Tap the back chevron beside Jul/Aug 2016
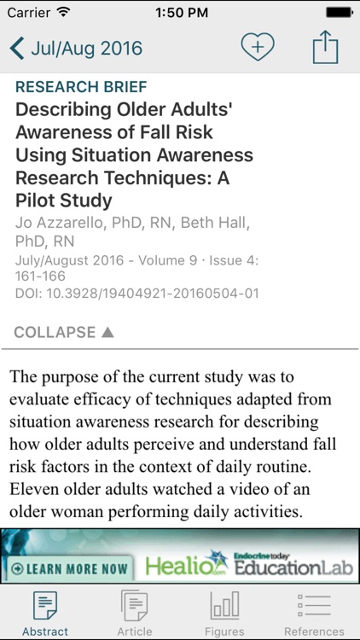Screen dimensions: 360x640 coord(17,48)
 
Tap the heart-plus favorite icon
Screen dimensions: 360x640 coord(257,47)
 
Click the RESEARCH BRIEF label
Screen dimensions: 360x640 coord(81,87)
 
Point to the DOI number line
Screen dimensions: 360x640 coord(137,294)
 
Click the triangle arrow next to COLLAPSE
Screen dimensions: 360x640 coord(107,332)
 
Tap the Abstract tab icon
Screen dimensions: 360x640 coord(45,606)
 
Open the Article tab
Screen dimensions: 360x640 coord(135,613)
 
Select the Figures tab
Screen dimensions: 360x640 coord(224,613)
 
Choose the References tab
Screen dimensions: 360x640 coord(314,613)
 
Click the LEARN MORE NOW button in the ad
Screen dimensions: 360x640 coord(68,567)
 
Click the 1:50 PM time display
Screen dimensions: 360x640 coord(179,13)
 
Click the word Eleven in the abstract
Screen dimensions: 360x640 coord(33,489)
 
